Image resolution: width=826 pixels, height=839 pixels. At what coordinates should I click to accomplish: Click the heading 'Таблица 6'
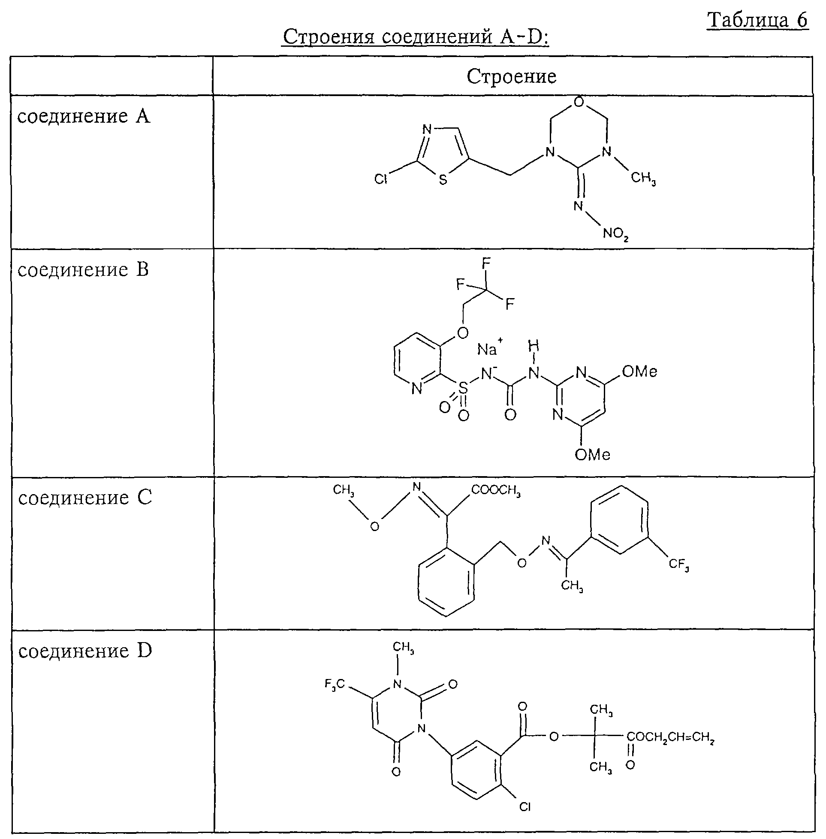(x=757, y=21)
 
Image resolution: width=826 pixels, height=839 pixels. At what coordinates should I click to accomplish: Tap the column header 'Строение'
(x=512, y=76)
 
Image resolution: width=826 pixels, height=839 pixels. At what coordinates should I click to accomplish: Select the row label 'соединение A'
(x=84, y=116)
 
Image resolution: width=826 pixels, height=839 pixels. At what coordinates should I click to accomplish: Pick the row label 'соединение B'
(x=83, y=269)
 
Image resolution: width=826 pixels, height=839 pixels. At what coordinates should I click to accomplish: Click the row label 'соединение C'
(x=85, y=497)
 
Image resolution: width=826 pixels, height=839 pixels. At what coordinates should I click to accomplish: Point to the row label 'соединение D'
(x=85, y=651)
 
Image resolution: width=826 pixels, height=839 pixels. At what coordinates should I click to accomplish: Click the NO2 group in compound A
(x=615, y=234)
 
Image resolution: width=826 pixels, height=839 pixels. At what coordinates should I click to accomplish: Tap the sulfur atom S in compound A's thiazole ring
(x=443, y=180)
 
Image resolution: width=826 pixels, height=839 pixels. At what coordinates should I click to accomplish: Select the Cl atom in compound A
(x=380, y=179)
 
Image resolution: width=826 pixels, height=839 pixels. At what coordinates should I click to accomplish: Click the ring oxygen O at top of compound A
(x=578, y=103)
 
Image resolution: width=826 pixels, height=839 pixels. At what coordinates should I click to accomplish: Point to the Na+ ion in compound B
(x=490, y=347)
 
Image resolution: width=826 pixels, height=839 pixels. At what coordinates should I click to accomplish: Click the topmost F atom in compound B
(x=486, y=263)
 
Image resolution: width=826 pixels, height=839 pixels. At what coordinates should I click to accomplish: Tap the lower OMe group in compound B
(x=592, y=454)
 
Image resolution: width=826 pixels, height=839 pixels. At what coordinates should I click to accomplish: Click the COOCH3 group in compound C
(x=495, y=490)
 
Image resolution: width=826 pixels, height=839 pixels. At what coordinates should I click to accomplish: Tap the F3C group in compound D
(x=335, y=684)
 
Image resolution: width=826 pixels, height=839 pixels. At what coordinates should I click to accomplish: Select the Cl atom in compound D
(x=525, y=807)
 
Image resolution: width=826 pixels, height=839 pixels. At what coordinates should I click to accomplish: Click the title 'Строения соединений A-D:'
(x=416, y=37)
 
